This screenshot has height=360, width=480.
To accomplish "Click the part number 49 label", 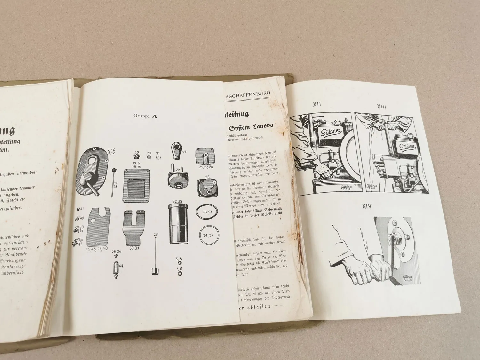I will pos(184,152).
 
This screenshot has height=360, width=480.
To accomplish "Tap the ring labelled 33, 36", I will pos(208,212).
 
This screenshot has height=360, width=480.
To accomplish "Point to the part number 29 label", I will pos(156,235).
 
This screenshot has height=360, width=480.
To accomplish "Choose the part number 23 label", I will pos(207,177).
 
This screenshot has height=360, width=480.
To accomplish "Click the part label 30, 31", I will pos(133,247).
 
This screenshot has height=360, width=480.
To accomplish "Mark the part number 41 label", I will pos(82,209).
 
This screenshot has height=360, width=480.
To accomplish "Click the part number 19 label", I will pos(137,153).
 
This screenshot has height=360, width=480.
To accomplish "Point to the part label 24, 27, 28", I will pos(206,167).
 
